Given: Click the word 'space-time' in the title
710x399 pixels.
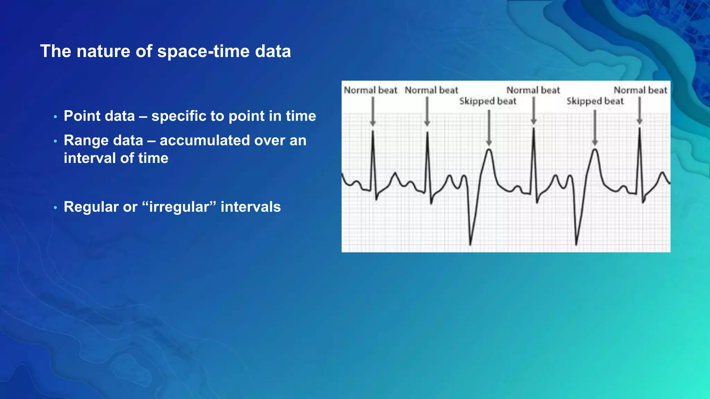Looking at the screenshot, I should tap(204, 51).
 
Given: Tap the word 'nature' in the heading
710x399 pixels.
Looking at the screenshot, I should tap(103, 51).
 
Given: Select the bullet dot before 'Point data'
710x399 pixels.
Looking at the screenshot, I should tap(55, 117).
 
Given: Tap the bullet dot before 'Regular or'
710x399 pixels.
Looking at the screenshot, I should tap(55, 208).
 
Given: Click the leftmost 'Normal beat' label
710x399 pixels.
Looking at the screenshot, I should tap(370, 90).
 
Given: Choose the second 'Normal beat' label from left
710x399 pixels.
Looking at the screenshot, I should tap(431, 90).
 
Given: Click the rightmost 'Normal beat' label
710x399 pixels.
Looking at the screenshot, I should tap(640, 90).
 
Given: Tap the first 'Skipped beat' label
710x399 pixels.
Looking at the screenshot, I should tap(487, 101).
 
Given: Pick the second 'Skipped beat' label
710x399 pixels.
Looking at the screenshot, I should tap(595, 101).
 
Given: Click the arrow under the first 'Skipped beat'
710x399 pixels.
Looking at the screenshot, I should tap(489, 128).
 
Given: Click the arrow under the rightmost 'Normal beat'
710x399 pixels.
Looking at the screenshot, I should tap(640, 111).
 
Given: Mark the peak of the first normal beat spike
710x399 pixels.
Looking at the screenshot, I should tap(373, 131).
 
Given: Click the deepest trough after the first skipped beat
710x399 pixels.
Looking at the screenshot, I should tap(470, 244).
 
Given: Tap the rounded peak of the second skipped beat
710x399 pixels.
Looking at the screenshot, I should tap(595, 150).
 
